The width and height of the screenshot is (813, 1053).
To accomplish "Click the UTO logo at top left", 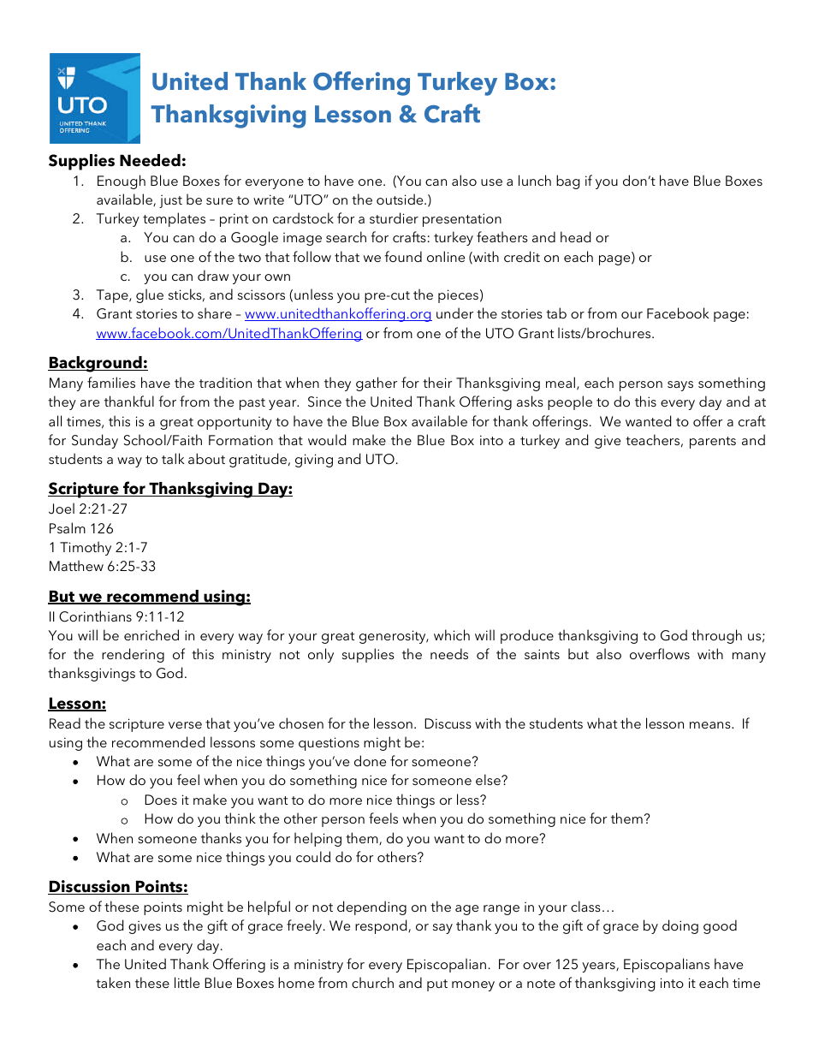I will tap(94, 98).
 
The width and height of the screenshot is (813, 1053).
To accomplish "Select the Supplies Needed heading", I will tap(117, 161).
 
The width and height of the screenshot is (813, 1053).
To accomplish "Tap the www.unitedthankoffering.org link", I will tap(338, 314).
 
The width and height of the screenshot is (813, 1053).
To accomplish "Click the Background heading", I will tap(98, 363).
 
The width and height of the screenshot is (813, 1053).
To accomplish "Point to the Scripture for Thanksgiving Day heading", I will tap(170, 489).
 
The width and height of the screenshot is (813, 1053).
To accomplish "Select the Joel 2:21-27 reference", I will tap(88, 509).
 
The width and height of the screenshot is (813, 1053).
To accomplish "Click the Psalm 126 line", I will tap(81, 529).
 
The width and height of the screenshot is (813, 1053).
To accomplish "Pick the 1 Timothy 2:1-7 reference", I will tap(98, 548).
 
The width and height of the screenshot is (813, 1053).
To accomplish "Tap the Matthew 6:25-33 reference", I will tap(103, 567).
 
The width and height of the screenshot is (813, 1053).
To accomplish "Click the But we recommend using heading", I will tap(150, 597).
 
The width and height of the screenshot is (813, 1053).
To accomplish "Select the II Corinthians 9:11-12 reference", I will tap(116, 616).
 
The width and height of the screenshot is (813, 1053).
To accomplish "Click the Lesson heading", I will tap(77, 704).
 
